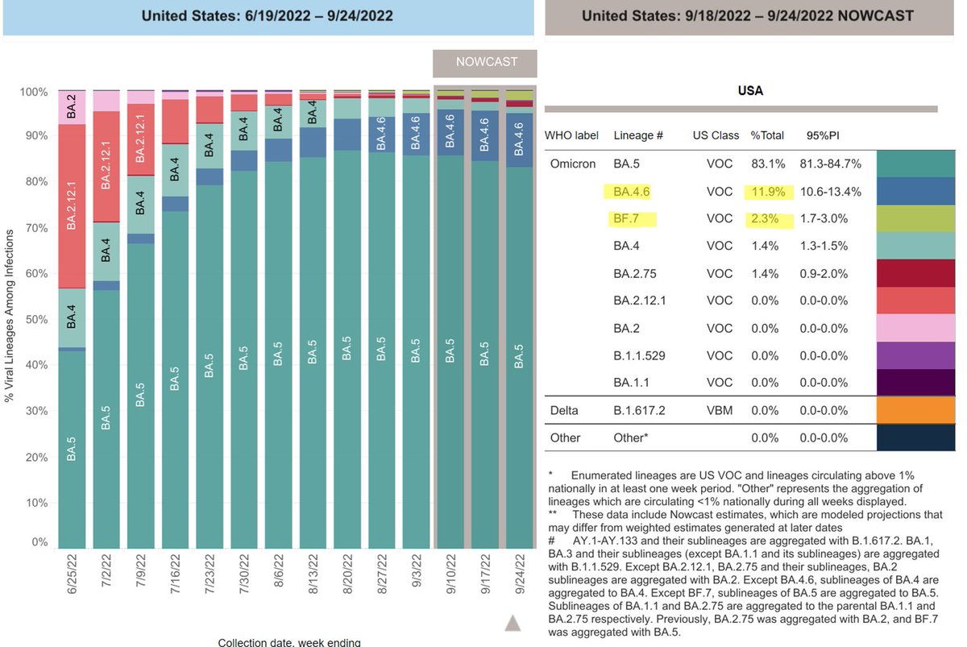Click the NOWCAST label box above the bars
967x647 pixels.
[486, 62]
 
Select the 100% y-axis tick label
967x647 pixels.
[35, 92]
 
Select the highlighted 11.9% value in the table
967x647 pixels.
[766, 191]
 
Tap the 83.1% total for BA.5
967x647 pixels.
[766, 164]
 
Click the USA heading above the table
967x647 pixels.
[750, 91]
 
